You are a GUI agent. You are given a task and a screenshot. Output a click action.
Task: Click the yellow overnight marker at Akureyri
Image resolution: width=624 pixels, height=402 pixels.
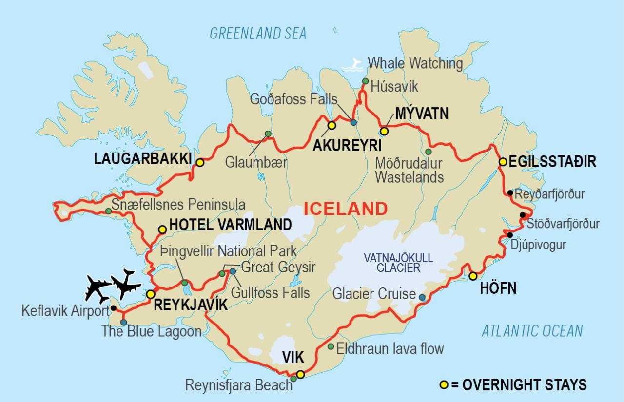[331, 125]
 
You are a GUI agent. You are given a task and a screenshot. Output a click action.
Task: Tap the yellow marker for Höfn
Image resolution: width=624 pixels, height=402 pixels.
[472, 276]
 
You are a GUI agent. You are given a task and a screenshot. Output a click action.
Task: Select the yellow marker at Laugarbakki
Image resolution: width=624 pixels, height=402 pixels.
[199, 163]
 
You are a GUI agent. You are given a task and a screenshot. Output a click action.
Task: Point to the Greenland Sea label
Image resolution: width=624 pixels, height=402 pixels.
[258, 33]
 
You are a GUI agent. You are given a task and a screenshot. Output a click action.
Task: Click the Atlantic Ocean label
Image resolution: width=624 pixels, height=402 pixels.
[532, 331]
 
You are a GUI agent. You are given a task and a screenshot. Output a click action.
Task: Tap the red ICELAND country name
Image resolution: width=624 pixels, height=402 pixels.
[346, 209]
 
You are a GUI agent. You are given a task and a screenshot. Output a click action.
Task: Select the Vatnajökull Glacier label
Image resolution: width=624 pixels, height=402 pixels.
[398, 262]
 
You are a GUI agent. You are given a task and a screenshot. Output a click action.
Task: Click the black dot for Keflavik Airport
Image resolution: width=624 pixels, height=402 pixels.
[114, 308]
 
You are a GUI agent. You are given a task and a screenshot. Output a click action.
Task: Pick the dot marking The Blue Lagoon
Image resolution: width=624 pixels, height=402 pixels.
[123, 322]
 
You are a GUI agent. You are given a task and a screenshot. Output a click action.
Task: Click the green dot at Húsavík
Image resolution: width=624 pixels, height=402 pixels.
[365, 81]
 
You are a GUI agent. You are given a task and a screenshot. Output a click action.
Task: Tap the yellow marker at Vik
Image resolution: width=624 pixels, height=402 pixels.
[300, 374]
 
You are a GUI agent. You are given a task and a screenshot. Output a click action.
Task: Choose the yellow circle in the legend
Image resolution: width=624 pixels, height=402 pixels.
[444, 385]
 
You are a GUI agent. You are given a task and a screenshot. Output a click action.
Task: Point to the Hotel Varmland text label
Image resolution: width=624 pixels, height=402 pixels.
[230, 225]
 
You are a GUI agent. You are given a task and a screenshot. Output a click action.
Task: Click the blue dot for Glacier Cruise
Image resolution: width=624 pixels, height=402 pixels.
[422, 297]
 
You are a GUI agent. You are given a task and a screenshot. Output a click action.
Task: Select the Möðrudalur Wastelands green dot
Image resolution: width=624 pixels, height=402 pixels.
[428, 151]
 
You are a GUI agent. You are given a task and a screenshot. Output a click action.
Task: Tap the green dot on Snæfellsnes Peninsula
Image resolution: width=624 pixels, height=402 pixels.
[108, 211]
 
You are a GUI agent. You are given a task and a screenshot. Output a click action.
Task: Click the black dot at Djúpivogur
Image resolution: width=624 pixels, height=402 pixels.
[509, 235]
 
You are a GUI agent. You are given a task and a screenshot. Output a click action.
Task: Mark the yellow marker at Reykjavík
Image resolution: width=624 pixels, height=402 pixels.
[151, 294]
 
